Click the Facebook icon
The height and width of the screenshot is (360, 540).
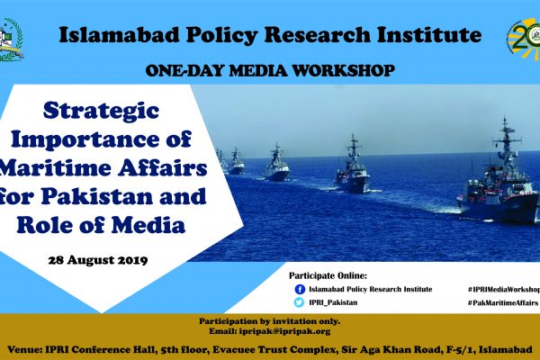coord(300,289)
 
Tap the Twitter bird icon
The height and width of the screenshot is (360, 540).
coord(299,302)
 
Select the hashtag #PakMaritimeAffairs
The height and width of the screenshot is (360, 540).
coord(503,302)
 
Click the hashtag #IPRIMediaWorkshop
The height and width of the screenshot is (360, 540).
coord(504,290)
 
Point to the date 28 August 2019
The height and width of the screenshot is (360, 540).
coord(98,260)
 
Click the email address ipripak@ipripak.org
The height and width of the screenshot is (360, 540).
coord(284,331)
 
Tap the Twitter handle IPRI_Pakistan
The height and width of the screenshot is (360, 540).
coord(333,302)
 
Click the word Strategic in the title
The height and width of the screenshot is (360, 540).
coord(101,112)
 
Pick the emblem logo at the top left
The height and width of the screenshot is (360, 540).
coord(10,40)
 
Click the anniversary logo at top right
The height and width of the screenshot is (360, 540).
coord(524,40)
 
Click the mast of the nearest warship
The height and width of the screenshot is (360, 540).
coord(506,138)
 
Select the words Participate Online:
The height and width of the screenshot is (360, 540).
coord(328,275)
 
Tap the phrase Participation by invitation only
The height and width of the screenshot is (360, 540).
coord(270,321)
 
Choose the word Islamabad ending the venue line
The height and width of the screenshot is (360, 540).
coord(506,350)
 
